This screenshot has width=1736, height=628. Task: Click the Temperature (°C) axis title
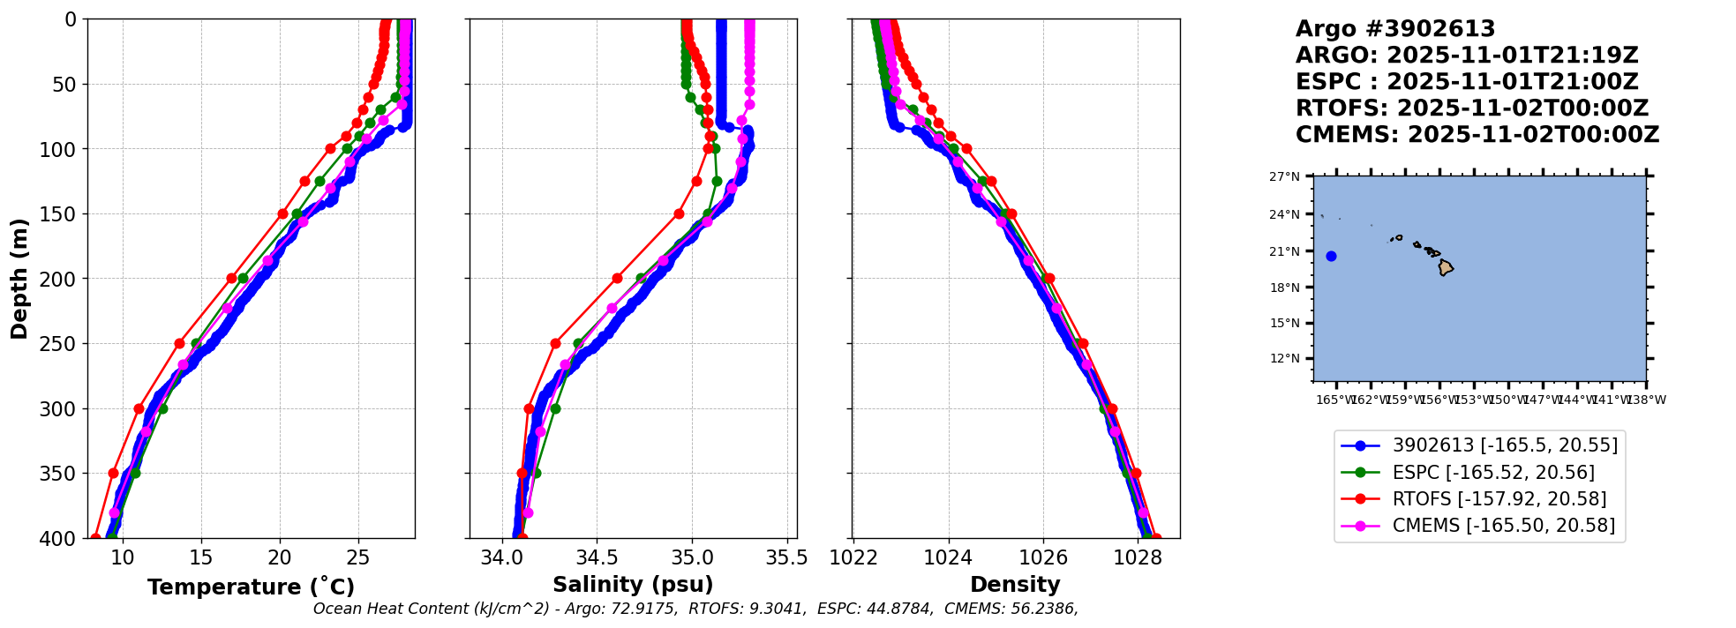251,587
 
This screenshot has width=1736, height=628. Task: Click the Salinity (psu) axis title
633,585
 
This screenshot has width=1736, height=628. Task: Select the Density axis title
1015,585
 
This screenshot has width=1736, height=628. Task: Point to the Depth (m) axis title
19,279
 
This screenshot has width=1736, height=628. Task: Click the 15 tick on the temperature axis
201,557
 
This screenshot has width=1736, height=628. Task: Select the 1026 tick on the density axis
1043,557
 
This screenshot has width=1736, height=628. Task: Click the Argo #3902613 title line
1395,29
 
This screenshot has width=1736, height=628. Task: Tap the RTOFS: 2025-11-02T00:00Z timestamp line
1472,108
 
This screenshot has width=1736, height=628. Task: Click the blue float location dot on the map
1331,257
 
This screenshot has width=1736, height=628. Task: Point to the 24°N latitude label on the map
1284,214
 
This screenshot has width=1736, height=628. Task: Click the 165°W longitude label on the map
1334,400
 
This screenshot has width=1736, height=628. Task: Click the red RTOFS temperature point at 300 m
139,408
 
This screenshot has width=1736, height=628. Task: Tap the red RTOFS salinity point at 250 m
555,344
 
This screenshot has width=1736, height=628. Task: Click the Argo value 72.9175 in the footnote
644,609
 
